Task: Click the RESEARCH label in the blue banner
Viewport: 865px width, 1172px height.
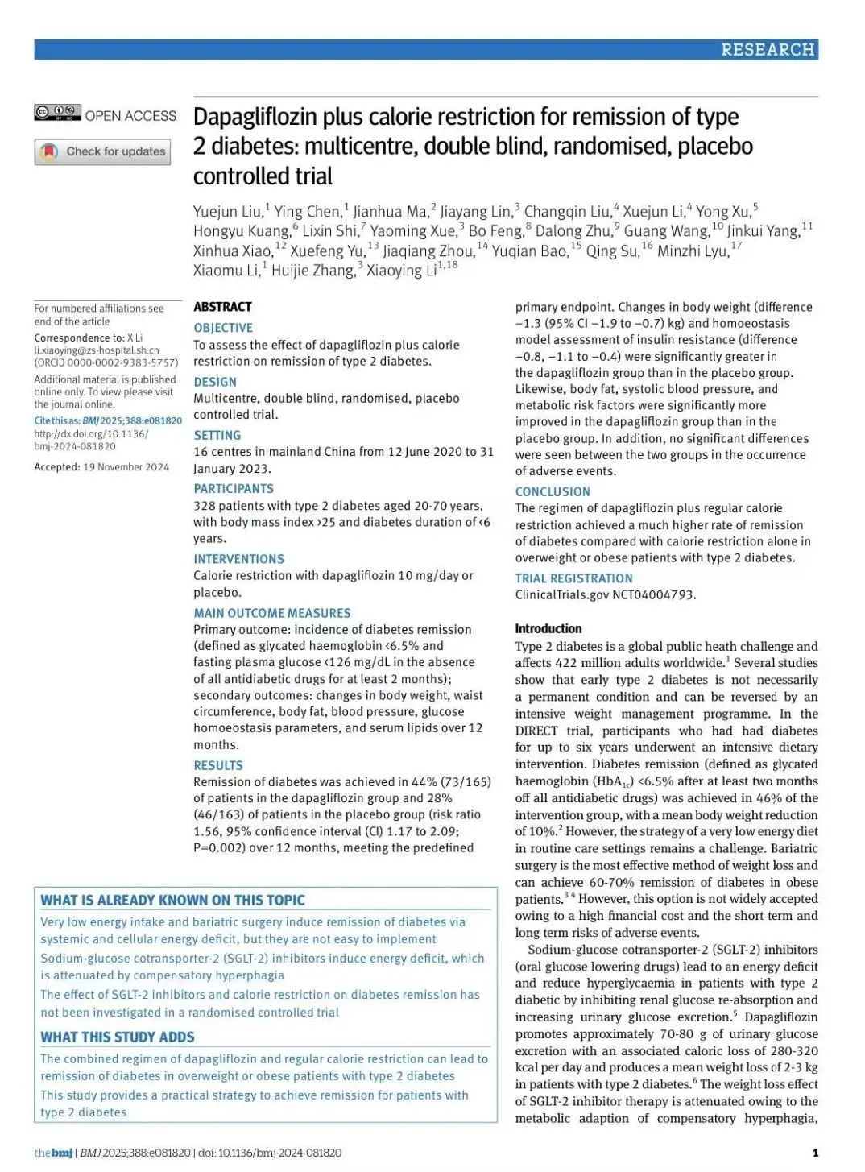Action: tap(768, 50)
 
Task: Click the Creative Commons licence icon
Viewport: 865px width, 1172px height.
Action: tap(57, 114)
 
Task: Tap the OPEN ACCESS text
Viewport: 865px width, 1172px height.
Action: tap(130, 116)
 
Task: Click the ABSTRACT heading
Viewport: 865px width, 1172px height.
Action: tap(222, 307)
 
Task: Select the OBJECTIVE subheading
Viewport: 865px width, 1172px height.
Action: tap(223, 328)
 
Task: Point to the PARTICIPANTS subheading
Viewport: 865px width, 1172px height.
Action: tap(234, 489)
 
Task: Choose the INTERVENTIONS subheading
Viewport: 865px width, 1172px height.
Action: tap(238, 559)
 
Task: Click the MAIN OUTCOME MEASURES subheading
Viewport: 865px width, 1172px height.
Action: tap(272, 613)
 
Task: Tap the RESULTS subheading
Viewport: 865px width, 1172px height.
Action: tap(218, 765)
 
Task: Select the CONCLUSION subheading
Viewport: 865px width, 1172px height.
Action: tap(553, 491)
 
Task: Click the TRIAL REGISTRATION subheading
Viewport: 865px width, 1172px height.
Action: tap(574, 578)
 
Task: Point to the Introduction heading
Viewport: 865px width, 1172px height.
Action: tap(548, 628)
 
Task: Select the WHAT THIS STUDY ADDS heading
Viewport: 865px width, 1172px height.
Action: tap(118, 1037)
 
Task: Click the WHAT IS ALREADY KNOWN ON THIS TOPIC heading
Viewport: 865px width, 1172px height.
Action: tap(173, 901)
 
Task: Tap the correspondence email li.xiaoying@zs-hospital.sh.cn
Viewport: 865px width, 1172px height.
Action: tap(97, 350)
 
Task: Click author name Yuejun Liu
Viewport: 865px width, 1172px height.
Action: tap(228, 212)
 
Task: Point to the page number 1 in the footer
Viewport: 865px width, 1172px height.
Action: tap(815, 1153)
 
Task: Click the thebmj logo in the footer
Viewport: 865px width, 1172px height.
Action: tap(53, 1153)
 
